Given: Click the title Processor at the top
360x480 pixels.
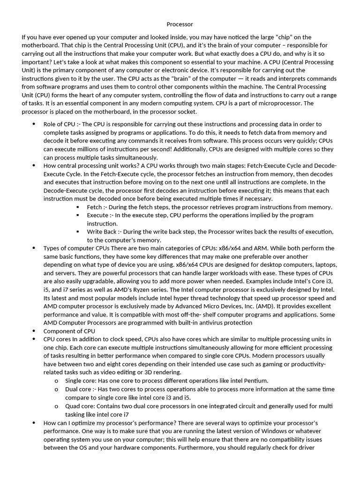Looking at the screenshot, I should coord(180,24).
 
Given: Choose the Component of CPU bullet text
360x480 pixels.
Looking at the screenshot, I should coord(69,331).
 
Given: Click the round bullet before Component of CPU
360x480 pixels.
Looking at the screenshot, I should coord(34,331).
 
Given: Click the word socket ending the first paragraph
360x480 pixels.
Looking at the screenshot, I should coord(187,112).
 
